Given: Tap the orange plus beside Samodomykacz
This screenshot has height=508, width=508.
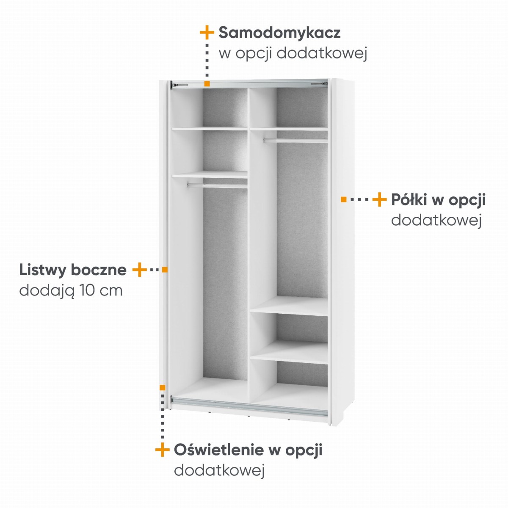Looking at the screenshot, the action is pos(207,33).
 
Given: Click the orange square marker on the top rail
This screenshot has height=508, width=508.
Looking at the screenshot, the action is pos(207,84).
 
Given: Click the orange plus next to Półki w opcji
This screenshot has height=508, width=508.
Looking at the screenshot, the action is pos(379,199).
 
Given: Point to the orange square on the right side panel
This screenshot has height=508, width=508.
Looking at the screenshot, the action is pos(343,199).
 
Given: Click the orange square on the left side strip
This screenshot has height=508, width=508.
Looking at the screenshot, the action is pos(165,269).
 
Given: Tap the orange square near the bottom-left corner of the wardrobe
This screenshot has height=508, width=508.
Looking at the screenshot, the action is pos(163,387).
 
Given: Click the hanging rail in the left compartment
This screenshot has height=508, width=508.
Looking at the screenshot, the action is pos(217,185).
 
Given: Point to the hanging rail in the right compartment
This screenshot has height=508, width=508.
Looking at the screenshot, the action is pos(295,140).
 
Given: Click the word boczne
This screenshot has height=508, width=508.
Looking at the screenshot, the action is pos(99,270).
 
